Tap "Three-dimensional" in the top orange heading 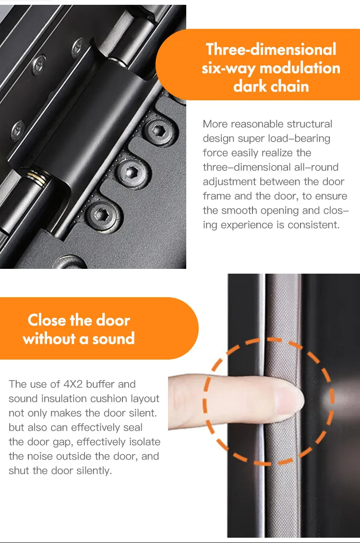(x=271, y=49)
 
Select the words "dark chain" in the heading (x=271, y=86)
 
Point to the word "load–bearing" (x=300, y=138)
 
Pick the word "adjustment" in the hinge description (x=228, y=181)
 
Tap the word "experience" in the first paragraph (x=245, y=225)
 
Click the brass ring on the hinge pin (x=39, y=178)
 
